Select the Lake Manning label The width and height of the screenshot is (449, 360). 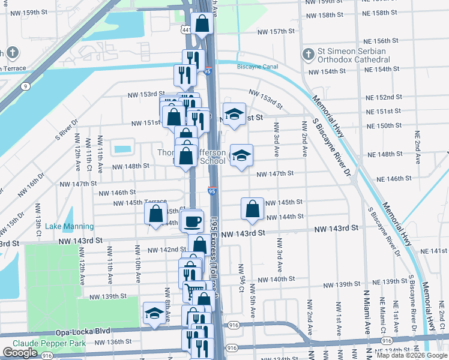tap(72, 226)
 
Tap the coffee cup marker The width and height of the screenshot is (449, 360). tap(192, 221)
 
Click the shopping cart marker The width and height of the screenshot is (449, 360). tap(194, 290)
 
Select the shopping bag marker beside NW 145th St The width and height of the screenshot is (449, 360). tap(253, 208)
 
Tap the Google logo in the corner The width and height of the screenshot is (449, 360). tap(20, 353)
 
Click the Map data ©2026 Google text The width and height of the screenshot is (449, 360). tap(412, 355)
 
